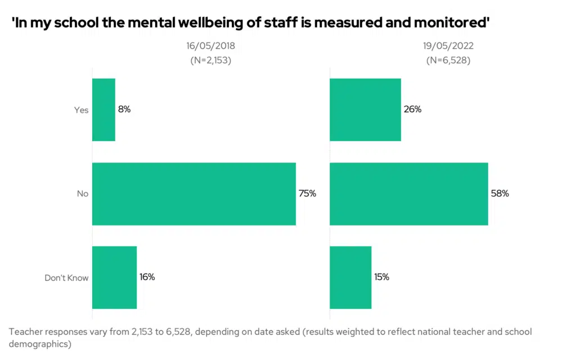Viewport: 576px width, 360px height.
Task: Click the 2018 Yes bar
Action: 103,110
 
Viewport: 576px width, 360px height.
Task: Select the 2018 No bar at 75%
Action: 193,193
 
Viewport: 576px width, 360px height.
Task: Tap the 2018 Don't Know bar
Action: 114,277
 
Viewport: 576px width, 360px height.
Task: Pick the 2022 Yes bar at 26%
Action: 365,110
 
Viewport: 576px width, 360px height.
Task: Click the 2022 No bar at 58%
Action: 408,193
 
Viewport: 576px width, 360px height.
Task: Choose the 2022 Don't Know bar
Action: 350,277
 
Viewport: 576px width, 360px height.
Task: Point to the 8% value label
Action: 124,109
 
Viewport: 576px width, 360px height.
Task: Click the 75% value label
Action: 307,193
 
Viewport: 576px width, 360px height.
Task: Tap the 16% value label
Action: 147,277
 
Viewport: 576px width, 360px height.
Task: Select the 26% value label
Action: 412,109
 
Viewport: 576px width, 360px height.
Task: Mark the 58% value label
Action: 499,193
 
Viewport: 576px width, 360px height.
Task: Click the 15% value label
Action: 381,277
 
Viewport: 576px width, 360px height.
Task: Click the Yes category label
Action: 82,110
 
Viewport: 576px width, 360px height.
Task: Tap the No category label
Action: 83,194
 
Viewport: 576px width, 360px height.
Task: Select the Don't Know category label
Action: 67,278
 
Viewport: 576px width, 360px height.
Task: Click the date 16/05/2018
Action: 211,47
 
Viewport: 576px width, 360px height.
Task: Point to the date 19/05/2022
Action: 448,47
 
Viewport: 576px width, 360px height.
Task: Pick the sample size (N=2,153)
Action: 211,60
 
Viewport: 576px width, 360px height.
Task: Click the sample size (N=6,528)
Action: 448,60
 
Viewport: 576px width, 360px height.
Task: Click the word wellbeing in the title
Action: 216,23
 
